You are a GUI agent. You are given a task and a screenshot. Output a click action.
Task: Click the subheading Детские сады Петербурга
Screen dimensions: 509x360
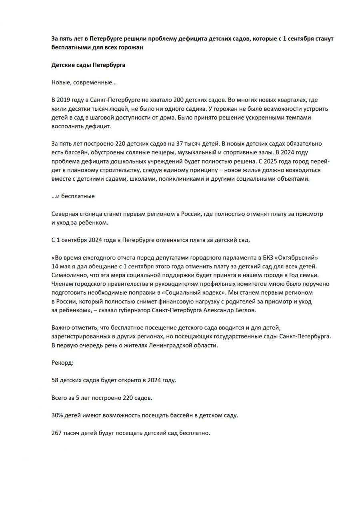pos(88,65)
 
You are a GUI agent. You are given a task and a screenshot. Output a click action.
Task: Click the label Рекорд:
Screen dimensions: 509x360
pos(62,363)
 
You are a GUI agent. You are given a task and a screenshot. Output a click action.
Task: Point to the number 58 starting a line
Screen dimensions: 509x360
pos(55,380)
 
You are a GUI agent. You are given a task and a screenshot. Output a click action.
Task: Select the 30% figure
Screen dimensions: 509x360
pos(56,415)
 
